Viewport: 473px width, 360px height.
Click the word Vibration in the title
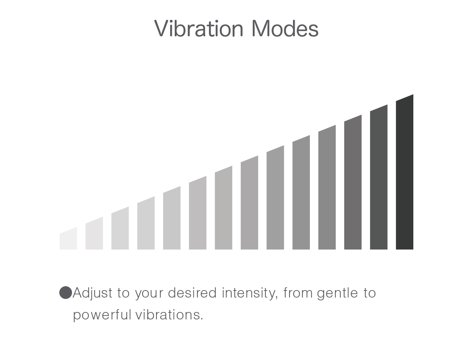coord(199,28)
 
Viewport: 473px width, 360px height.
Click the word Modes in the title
coord(285,28)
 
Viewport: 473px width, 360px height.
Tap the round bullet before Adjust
coord(66,292)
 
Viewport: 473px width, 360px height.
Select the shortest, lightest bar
coord(68,239)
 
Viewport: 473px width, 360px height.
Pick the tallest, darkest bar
coord(405,172)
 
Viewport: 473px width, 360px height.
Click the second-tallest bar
coord(379,178)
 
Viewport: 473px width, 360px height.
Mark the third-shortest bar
coord(120,228)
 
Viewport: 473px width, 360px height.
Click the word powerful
coord(102,315)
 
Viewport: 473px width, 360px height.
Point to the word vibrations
coord(168,314)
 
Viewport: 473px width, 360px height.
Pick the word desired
coord(192,293)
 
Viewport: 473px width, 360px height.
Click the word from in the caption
coord(298,293)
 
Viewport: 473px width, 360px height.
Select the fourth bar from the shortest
coord(146,223)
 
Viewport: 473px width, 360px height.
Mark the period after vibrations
coord(202,319)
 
